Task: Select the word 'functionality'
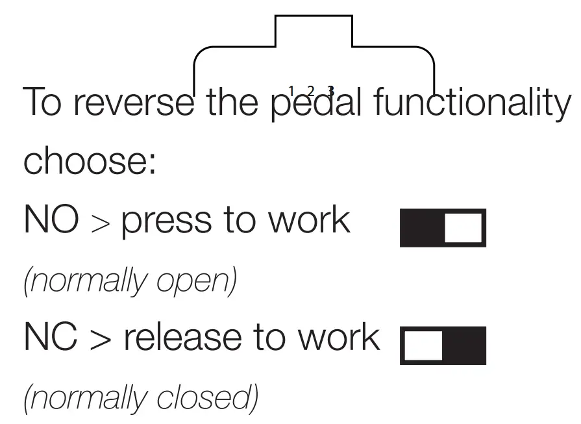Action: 471,103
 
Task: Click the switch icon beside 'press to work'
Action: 443,228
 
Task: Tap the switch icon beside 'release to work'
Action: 443,345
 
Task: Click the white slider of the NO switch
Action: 464,228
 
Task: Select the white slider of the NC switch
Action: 423,345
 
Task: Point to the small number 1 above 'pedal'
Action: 291,90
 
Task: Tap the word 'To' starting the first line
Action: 43,103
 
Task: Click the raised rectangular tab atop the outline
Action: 314,31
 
